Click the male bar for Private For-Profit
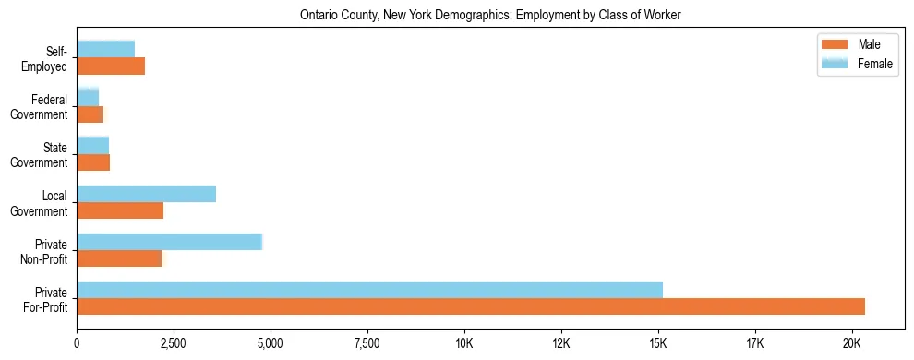(x=471, y=306)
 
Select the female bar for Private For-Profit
(x=369, y=290)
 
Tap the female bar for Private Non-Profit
(x=169, y=242)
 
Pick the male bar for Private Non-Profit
(x=119, y=258)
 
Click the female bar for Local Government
(x=146, y=194)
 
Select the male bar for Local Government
(x=120, y=210)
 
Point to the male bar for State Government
(x=93, y=162)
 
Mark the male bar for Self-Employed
(x=111, y=66)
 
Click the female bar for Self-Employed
(x=105, y=50)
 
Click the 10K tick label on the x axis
(x=463, y=343)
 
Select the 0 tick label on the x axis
(x=77, y=343)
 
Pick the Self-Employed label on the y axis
(x=47, y=59)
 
